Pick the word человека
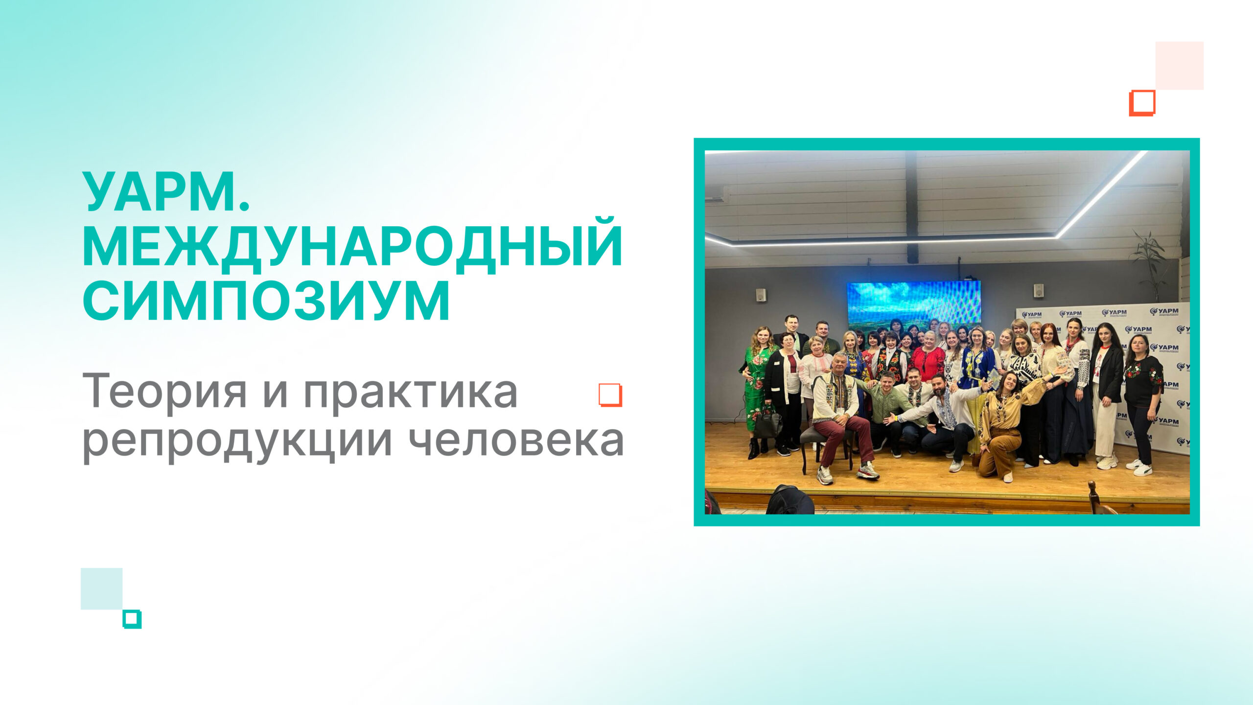[x=516, y=439]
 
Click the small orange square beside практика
[x=610, y=395]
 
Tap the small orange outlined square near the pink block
[x=1142, y=103]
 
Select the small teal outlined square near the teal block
[x=132, y=619]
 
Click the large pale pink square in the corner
[x=1179, y=66]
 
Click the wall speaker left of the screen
[x=760, y=295]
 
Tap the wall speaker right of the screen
[x=1038, y=290]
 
